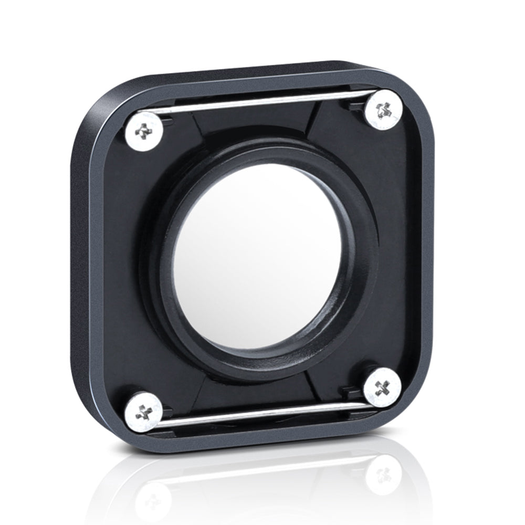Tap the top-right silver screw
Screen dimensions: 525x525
tap(383, 109)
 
